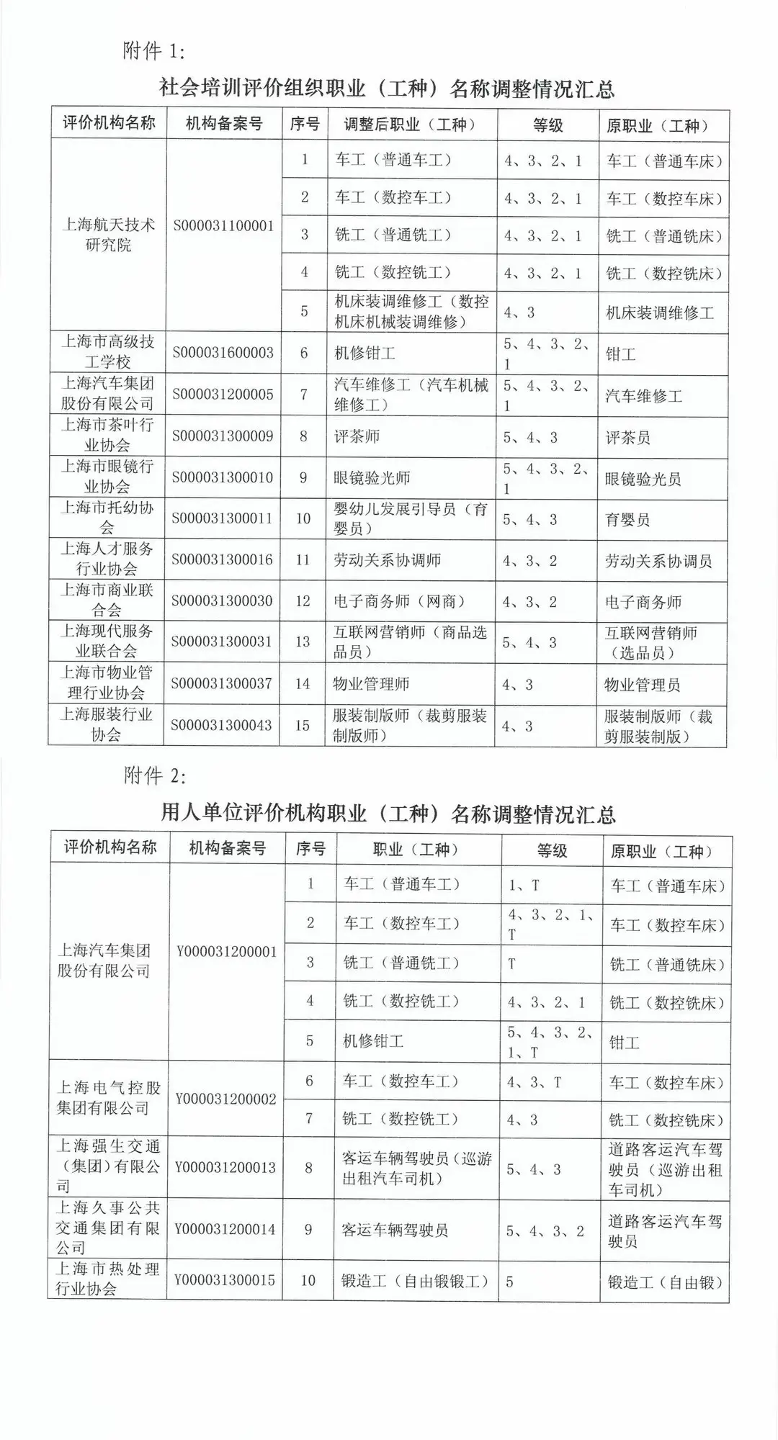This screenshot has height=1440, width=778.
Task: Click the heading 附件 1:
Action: pos(155,52)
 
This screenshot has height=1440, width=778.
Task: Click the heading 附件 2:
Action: pos(155,776)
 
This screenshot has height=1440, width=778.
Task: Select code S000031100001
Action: pos(223,226)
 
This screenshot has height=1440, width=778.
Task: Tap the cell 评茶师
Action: pos(357,436)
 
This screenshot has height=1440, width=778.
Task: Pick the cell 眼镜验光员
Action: pos(643,480)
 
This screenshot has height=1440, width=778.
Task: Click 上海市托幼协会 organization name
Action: pos(107,518)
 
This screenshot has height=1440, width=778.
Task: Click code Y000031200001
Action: pos(226,952)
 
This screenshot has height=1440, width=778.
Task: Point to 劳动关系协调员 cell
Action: pos(658,562)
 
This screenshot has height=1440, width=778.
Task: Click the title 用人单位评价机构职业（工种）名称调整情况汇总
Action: pos(388,814)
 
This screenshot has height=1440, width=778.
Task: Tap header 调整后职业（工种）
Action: pos(410,125)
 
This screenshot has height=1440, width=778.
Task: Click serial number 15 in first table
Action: pos(303,725)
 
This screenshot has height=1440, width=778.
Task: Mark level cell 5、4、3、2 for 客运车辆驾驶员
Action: pos(545,1232)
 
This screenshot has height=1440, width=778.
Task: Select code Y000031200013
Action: pos(224,1168)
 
